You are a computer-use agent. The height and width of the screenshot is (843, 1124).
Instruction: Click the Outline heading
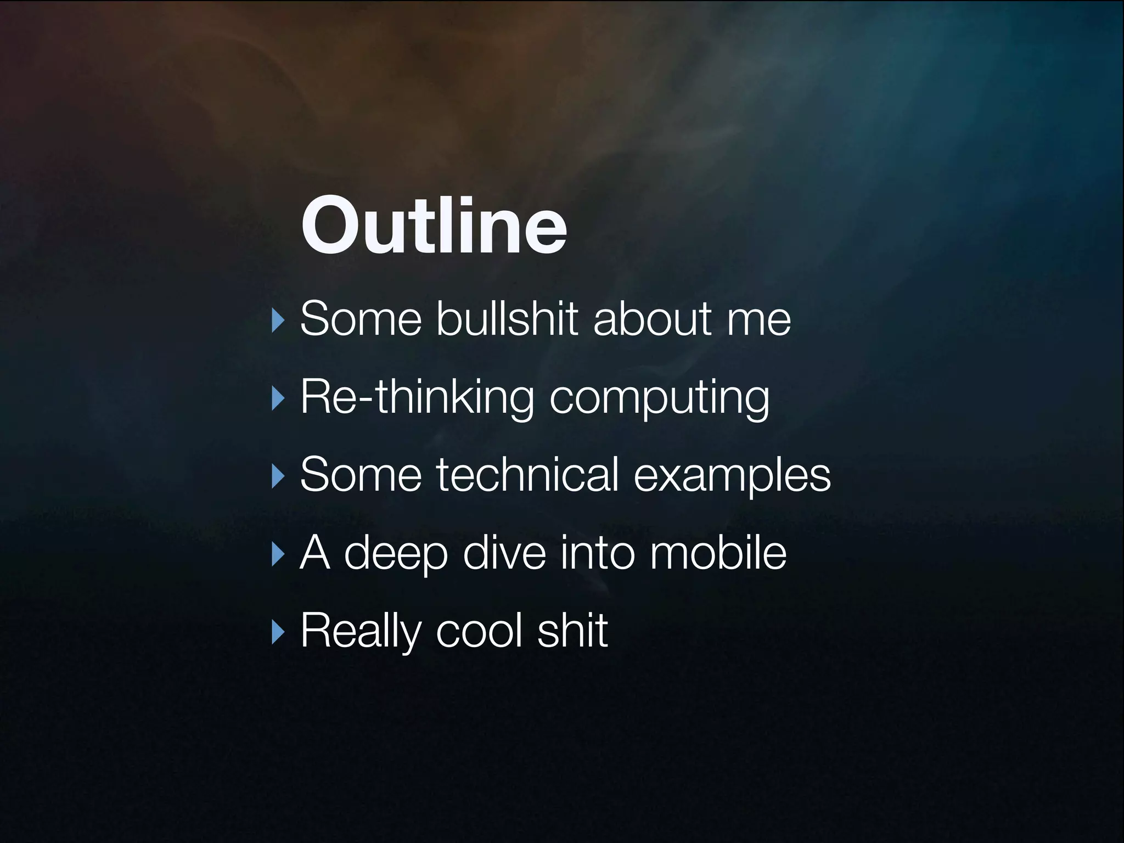(x=434, y=226)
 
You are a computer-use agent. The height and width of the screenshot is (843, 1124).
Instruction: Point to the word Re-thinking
(x=417, y=397)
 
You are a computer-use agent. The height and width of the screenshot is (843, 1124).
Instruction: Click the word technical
(x=527, y=475)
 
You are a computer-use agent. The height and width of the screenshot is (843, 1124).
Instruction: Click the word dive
(x=504, y=553)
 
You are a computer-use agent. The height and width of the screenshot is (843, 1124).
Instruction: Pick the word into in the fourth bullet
(x=598, y=553)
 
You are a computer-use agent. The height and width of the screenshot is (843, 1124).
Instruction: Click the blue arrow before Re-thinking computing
(x=279, y=400)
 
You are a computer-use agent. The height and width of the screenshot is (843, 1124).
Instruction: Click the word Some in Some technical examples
(x=360, y=475)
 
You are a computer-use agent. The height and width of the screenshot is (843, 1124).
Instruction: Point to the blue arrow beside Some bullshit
(x=279, y=322)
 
